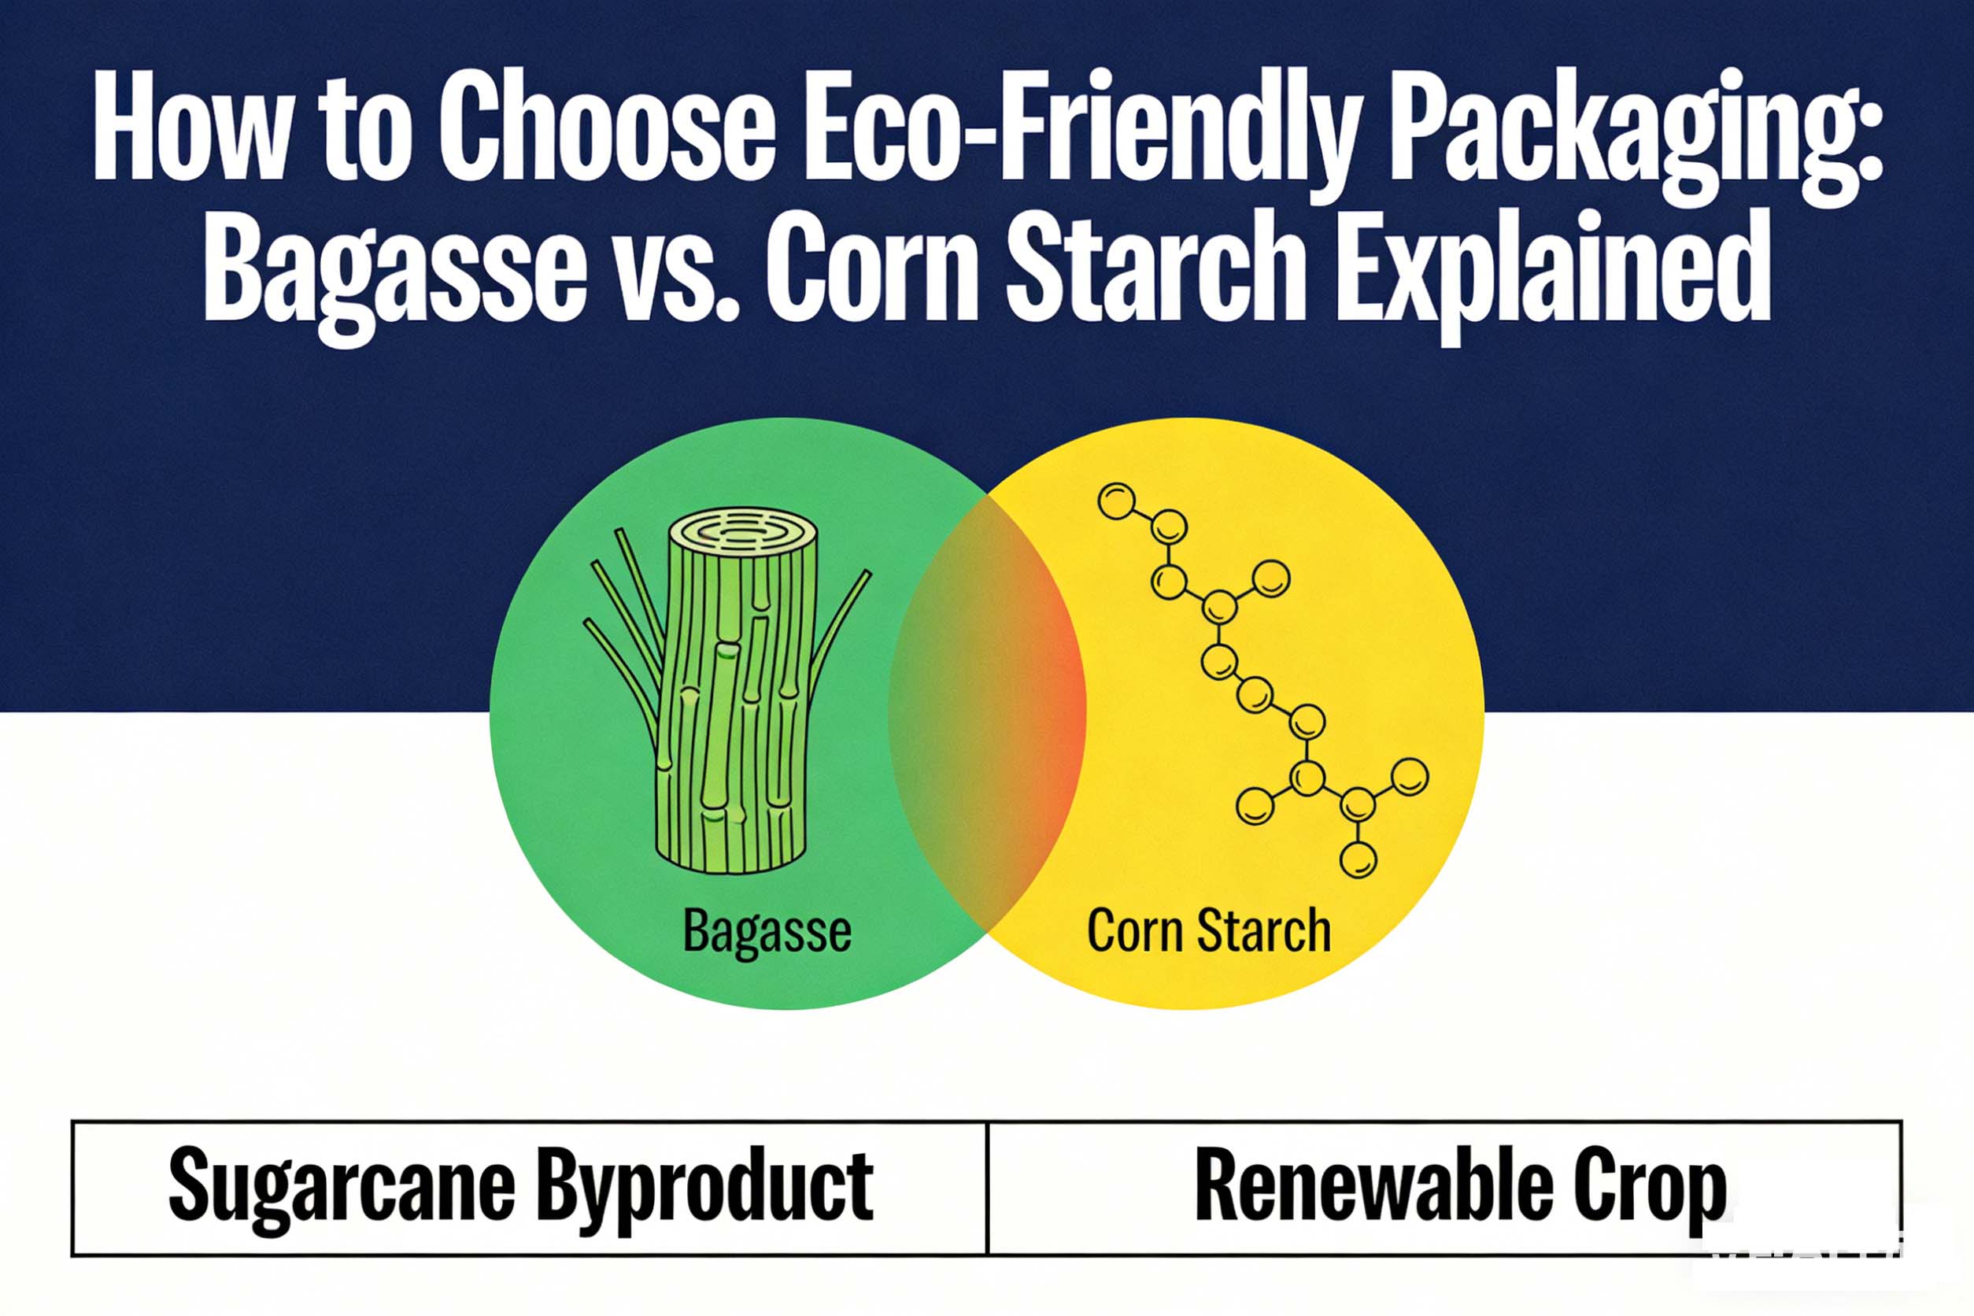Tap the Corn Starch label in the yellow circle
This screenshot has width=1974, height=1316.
pyautogui.click(x=1209, y=930)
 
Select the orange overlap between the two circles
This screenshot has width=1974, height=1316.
pyautogui.click(x=987, y=713)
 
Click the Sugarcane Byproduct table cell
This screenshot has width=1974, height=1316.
pyautogui.click(x=529, y=1188)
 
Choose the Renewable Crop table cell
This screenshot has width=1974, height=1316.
pyautogui.click(x=1444, y=1188)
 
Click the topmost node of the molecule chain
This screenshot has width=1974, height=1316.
pyautogui.click(x=1116, y=501)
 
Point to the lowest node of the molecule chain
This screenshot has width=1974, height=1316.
pyautogui.click(x=1357, y=859)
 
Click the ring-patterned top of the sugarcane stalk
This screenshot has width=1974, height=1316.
pyautogui.click(x=742, y=533)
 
